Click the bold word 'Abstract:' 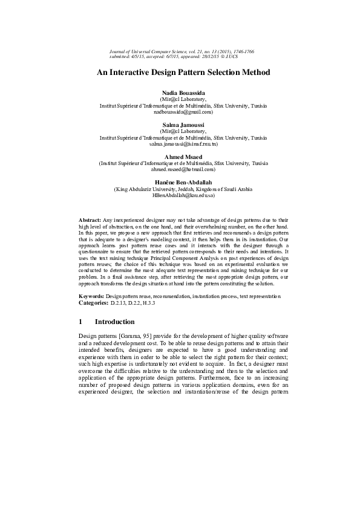click(91, 219)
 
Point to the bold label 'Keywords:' click(92, 297)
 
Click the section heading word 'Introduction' click(114, 322)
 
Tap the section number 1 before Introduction click(81, 322)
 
